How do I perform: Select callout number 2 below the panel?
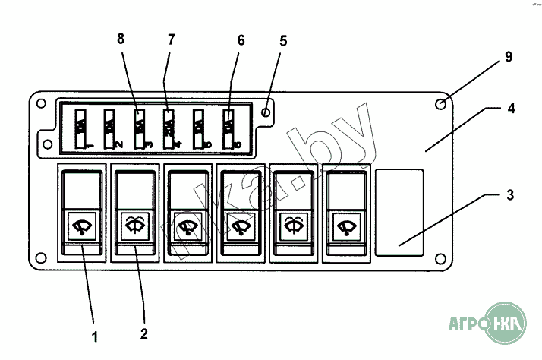click(x=143, y=332)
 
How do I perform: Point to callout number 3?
click(x=511, y=194)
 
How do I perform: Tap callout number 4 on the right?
click(x=512, y=109)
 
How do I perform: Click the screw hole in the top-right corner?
click(x=441, y=104)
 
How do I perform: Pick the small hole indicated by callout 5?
click(x=265, y=112)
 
